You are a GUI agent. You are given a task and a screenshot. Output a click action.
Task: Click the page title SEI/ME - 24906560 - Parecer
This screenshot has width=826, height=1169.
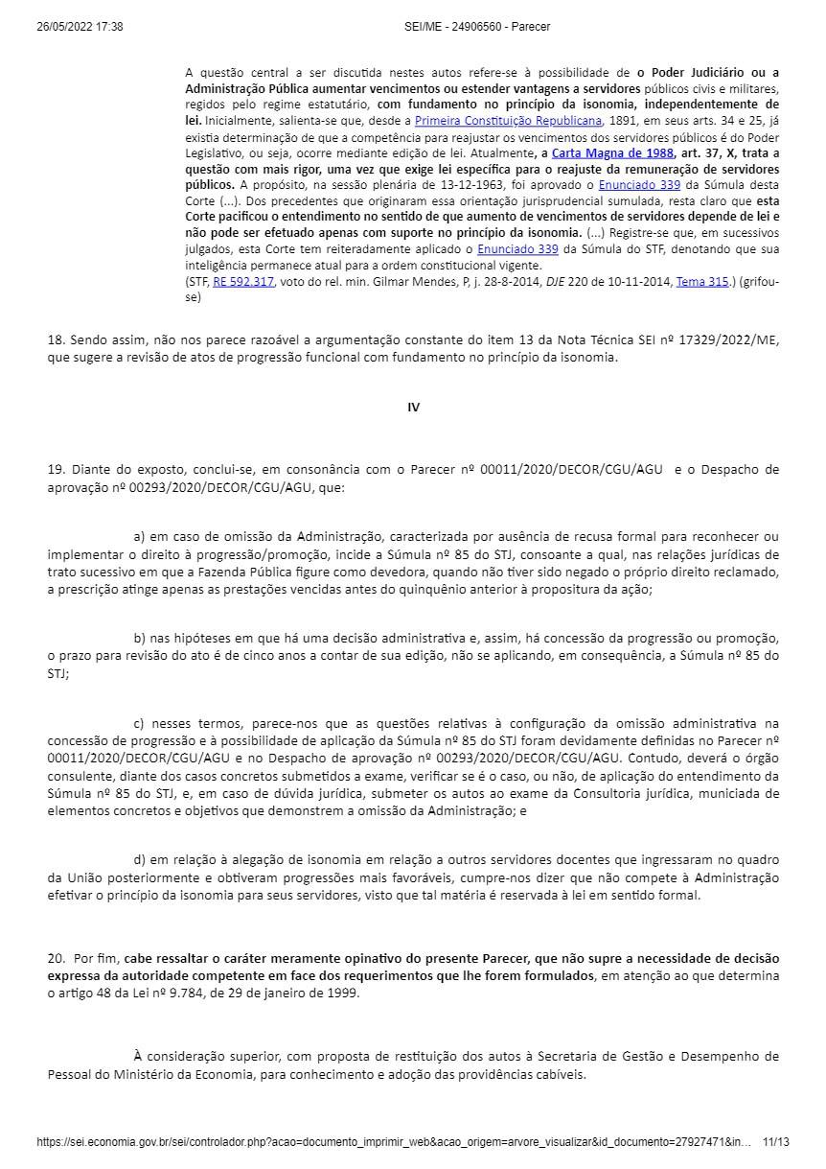coord(477,27)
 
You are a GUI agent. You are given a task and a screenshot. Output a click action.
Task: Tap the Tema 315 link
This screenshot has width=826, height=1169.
coord(702,282)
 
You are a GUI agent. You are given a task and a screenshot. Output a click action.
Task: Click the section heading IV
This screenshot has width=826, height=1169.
coord(413,408)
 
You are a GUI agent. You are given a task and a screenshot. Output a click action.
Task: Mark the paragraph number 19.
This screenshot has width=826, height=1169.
coord(56,470)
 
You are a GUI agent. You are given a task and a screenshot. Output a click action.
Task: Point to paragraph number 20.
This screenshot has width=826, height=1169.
coord(56,958)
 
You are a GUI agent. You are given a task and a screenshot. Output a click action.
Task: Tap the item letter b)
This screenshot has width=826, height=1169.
coord(139,639)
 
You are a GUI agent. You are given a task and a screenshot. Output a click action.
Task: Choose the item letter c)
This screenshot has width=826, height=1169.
coord(139,723)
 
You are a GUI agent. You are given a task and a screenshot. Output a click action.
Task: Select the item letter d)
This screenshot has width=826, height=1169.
coord(139,860)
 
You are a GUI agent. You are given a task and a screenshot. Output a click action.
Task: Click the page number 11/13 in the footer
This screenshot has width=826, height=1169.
coord(775,1142)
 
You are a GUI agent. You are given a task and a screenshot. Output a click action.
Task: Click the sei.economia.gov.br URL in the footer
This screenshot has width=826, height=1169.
coord(393,1142)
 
